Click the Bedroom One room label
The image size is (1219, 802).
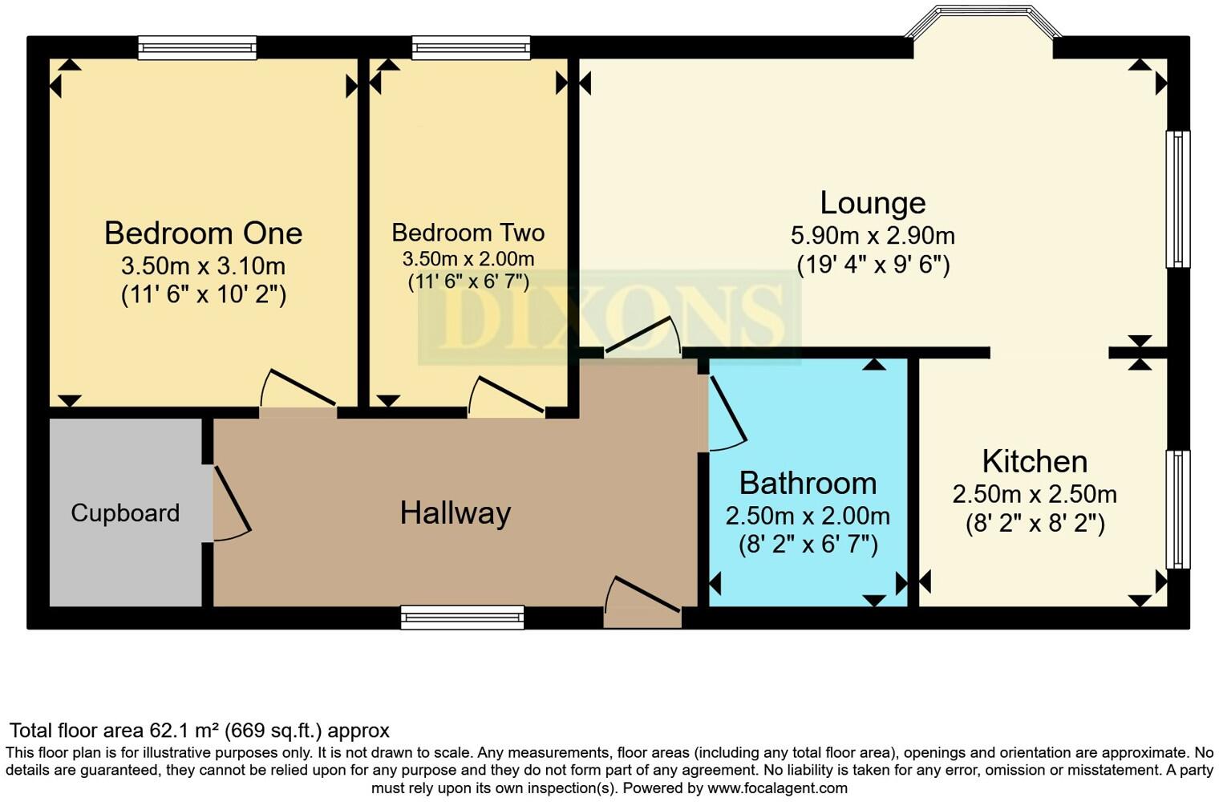203,233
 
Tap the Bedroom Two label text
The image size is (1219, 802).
468,233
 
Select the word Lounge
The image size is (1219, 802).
873,204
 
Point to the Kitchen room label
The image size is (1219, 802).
1035,462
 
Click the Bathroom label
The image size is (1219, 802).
808,483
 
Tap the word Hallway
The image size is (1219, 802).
456,513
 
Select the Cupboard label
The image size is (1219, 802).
125,513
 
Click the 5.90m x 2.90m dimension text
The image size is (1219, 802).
873,236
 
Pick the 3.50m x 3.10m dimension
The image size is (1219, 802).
203,266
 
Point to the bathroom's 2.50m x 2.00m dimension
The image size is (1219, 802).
808,516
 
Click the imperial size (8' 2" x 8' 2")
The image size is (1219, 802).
1035,524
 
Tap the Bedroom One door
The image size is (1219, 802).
298,388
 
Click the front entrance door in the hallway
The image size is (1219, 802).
642,594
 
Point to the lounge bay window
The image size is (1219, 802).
983,21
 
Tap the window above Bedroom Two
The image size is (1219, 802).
471,48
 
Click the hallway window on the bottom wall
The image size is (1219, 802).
462,618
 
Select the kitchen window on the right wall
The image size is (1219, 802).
1177,509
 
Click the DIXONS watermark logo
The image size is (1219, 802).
609,317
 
